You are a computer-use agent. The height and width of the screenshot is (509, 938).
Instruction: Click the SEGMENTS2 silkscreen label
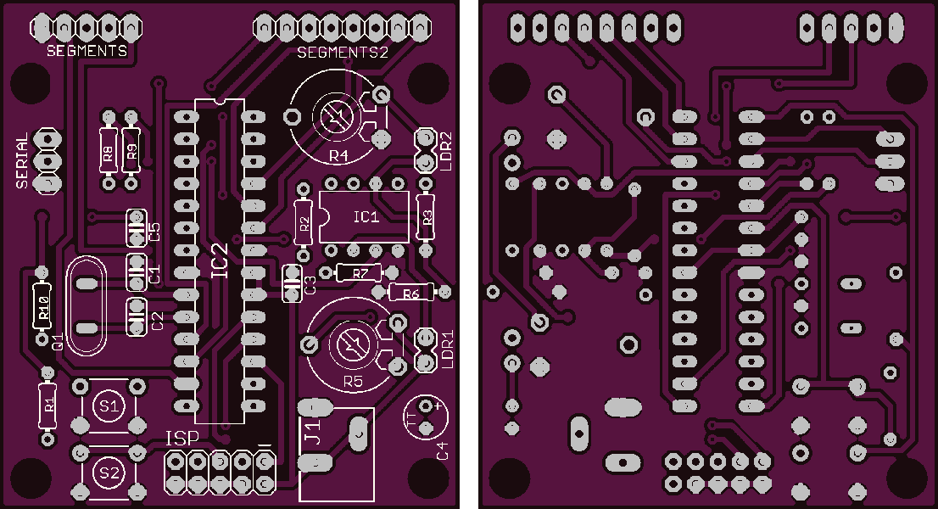(342, 53)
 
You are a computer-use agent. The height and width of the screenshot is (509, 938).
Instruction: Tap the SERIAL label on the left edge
(22, 161)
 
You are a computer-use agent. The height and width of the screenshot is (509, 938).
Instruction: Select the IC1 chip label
(366, 216)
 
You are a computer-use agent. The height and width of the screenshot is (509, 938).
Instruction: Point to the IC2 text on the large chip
(221, 260)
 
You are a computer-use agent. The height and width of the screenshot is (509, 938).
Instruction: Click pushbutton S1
(109, 406)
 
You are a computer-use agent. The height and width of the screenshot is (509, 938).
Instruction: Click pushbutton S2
(109, 473)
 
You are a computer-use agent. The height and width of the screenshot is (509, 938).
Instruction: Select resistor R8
(109, 150)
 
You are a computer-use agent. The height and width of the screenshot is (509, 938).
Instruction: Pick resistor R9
(131, 150)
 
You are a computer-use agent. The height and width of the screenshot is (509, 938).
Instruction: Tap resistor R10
(42, 306)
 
